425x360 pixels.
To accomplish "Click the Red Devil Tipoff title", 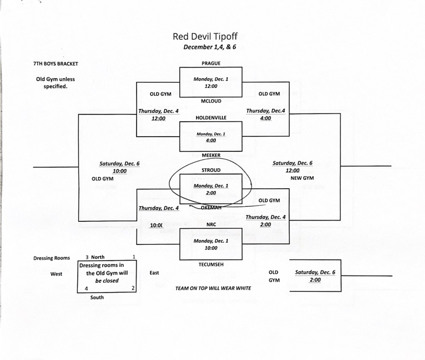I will click(x=210, y=36).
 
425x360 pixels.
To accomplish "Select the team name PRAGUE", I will click(x=211, y=63).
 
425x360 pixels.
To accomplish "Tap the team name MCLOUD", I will click(x=211, y=101).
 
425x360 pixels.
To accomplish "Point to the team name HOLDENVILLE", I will click(x=211, y=118).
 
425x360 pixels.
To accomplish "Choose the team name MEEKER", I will click(x=211, y=155).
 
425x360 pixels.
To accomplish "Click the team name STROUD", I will click(x=211, y=170).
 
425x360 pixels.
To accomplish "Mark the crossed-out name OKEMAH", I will click(x=211, y=207).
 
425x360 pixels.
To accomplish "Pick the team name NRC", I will click(x=211, y=224).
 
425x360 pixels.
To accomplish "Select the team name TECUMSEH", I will click(x=211, y=264).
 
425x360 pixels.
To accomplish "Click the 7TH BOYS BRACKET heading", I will click(x=56, y=64).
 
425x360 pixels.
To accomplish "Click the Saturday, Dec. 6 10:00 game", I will click(x=120, y=167).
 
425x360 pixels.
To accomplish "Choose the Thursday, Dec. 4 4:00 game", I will click(x=266, y=115).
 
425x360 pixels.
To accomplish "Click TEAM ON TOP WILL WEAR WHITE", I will click(x=213, y=288).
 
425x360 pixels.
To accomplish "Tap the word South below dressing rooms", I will click(x=97, y=297).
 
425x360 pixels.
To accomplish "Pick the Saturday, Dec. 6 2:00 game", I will click(x=315, y=276).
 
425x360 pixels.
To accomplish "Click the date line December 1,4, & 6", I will click(x=210, y=48).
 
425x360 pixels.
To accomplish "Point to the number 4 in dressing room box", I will click(x=86, y=288).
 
